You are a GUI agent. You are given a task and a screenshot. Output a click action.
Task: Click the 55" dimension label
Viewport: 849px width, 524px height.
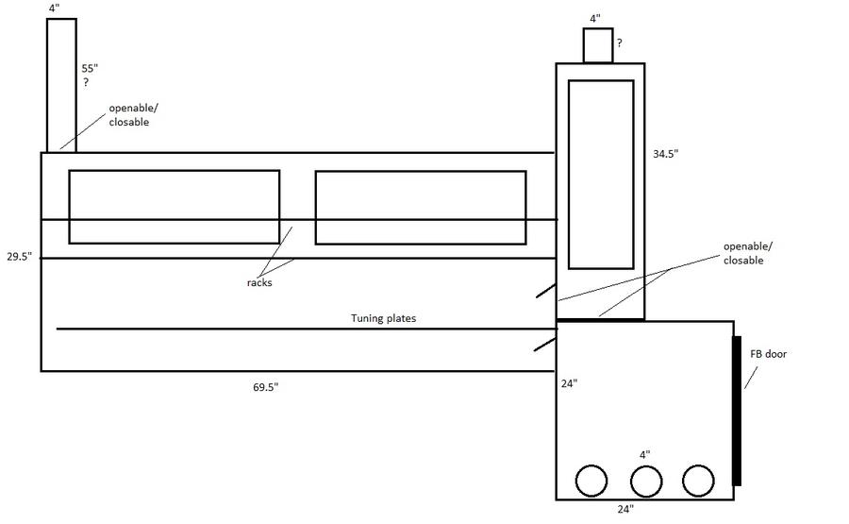tap(90, 69)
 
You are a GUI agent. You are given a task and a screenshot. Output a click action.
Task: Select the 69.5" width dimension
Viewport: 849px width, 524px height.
tap(265, 387)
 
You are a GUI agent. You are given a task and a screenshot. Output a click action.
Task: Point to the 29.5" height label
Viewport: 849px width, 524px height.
tap(20, 256)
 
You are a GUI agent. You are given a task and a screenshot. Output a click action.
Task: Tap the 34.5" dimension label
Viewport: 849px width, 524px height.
tap(665, 154)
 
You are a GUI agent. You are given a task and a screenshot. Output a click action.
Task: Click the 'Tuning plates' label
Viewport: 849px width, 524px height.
tap(383, 318)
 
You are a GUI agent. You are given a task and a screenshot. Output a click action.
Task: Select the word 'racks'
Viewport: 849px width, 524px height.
tap(259, 283)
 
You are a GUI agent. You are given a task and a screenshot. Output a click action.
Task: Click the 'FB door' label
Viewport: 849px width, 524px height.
tap(768, 354)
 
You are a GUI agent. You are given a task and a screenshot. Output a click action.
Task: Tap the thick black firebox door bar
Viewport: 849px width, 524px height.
tap(737, 411)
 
